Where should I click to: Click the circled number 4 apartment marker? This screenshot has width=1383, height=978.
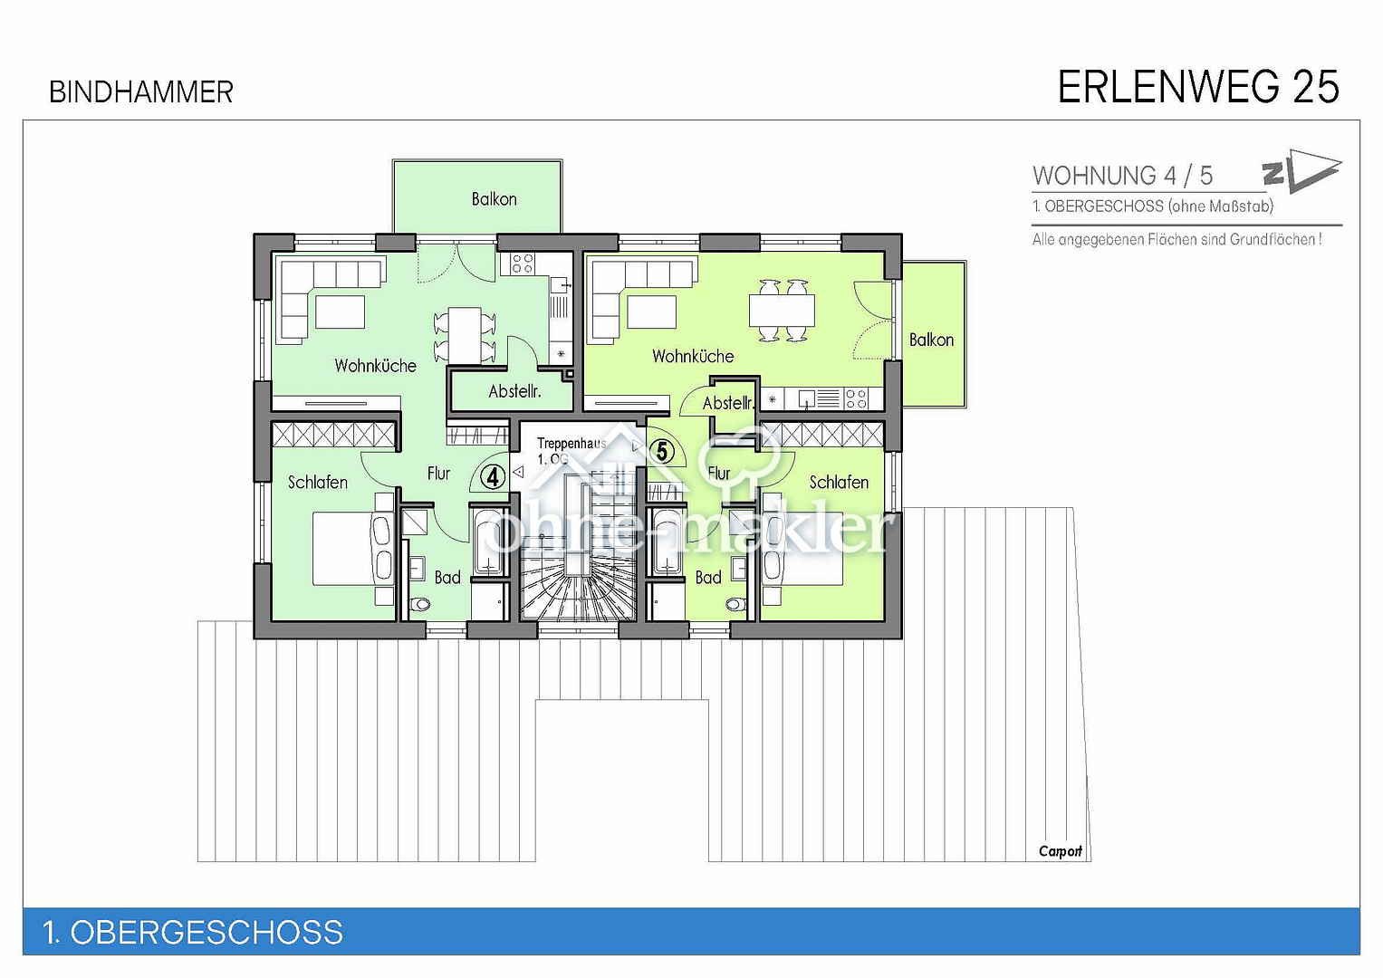493,476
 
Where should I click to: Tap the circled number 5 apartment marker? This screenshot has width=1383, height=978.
662,451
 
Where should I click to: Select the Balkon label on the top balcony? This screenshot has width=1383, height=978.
494,199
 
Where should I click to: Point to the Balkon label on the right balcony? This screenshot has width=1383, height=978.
931,340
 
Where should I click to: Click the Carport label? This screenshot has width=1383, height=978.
1060,851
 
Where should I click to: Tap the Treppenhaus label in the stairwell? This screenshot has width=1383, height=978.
571,444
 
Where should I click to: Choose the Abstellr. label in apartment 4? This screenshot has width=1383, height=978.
514,391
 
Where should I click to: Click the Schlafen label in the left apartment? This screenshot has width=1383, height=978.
317,482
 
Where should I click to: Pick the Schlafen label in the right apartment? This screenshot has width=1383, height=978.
839,482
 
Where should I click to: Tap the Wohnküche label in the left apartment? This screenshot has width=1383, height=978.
375,366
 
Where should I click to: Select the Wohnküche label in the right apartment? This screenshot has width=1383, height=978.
693,356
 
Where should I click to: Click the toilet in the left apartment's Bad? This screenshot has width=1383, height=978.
420,603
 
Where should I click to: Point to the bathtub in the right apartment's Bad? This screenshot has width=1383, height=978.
667,543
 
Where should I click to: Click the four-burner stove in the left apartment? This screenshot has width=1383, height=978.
522,264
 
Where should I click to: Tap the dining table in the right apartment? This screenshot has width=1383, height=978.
782,310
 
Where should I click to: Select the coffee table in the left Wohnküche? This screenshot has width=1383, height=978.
341,312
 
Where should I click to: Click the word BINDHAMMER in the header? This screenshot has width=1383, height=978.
140,92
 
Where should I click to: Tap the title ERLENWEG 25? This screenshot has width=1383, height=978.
1198,87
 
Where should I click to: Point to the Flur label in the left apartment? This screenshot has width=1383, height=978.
438,474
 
